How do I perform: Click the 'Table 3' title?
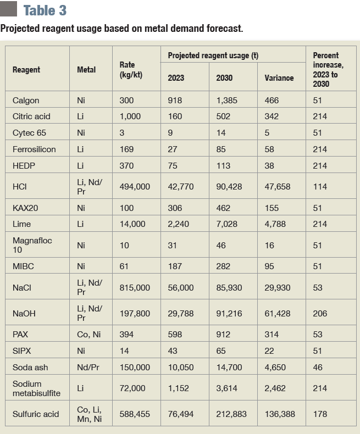pyautogui.click(x=46, y=10)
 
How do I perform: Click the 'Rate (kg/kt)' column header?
pyautogui.click(x=131, y=70)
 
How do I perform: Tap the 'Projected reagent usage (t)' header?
pyautogui.click(x=213, y=55)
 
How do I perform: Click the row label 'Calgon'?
pyautogui.click(x=26, y=101)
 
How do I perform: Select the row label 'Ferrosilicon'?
pyautogui.click(x=34, y=149)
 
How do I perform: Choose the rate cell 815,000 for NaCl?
pyautogui.click(x=135, y=287)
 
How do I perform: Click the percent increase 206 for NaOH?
pyautogui.click(x=320, y=314)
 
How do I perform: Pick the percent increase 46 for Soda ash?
pyautogui.click(x=318, y=367)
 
